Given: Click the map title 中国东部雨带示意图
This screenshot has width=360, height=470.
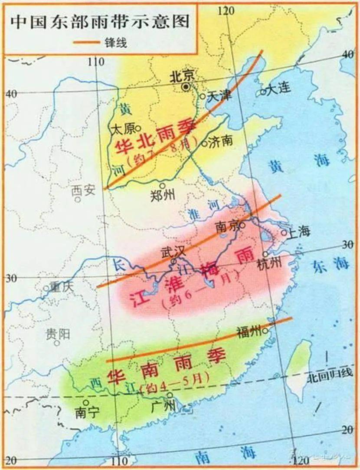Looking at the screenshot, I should pyautogui.click(x=101, y=22).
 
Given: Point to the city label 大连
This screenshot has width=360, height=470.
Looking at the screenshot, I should pyautogui.click(x=278, y=90).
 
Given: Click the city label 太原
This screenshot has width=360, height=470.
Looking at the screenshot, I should pyautogui.click(x=123, y=129).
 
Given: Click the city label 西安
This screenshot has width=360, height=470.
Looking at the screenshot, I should pyautogui.click(x=83, y=191).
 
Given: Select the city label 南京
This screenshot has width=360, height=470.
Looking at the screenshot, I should pyautogui.click(x=227, y=226).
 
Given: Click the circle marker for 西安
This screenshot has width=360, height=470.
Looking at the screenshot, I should pyautogui.click(x=78, y=200).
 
